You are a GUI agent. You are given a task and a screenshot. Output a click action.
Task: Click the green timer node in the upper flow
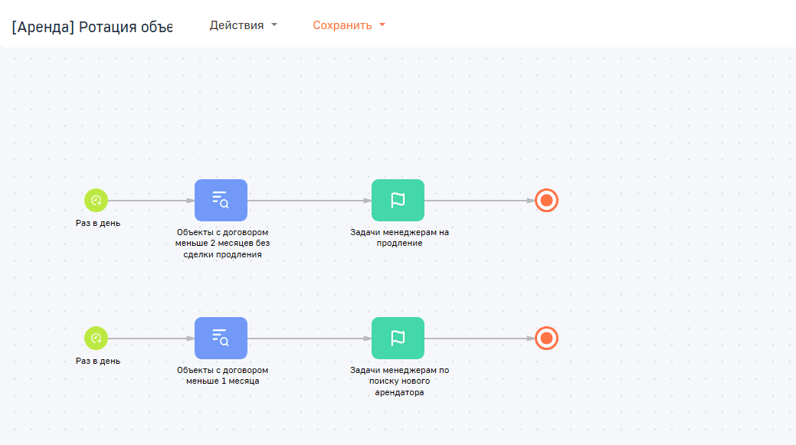click(x=96, y=201)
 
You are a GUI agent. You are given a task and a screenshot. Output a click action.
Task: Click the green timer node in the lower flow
click(x=96, y=339)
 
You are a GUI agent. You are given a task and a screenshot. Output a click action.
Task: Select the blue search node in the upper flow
click(x=221, y=201)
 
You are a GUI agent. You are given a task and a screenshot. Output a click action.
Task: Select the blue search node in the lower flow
click(x=221, y=339)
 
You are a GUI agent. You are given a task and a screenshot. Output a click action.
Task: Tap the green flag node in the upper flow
click(x=398, y=201)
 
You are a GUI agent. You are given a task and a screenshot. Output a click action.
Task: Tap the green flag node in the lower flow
click(x=398, y=339)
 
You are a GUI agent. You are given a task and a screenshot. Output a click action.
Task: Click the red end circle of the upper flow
click(x=547, y=201)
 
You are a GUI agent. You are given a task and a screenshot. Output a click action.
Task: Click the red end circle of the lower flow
click(x=547, y=339)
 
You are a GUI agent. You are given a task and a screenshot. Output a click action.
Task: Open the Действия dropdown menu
click(x=243, y=25)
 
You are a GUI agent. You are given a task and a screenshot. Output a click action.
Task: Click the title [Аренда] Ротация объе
click(x=92, y=26)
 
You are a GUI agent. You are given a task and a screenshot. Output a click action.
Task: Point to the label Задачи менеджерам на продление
click(x=399, y=237)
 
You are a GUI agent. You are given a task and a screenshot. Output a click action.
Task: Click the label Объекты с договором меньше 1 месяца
click(x=222, y=375)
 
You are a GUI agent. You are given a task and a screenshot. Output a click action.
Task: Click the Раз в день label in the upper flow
click(x=98, y=223)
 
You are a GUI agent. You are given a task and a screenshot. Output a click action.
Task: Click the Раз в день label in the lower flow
click(x=98, y=362)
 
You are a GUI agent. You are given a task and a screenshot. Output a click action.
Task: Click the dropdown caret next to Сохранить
click(x=382, y=25)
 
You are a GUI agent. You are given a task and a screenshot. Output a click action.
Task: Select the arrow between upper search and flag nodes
click(x=310, y=201)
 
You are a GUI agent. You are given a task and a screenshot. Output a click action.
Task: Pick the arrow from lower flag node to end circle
click(x=480, y=339)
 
